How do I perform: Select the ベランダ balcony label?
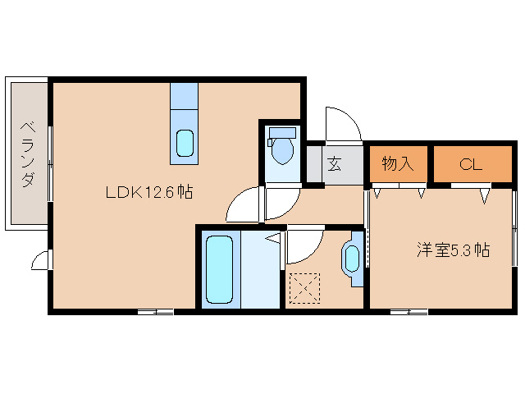27,153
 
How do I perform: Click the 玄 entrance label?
335,164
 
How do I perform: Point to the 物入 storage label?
397,164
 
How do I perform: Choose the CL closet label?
469,164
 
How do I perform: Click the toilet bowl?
283,151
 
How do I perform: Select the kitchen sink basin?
185,144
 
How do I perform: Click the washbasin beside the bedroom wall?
353,259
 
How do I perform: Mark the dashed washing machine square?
304,287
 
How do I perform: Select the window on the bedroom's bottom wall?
409,311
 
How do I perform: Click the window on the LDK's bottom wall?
156,311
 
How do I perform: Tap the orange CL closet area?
469,164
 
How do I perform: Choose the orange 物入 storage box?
397,164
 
